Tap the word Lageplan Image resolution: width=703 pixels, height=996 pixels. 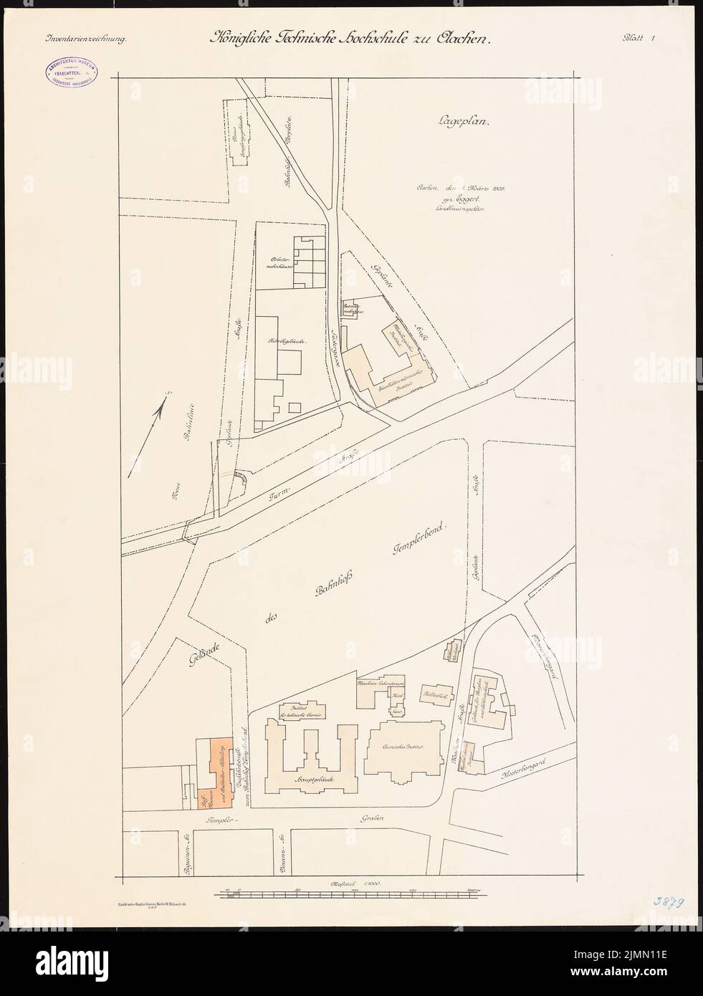(462, 122)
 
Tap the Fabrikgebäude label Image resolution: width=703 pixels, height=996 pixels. (287, 343)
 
